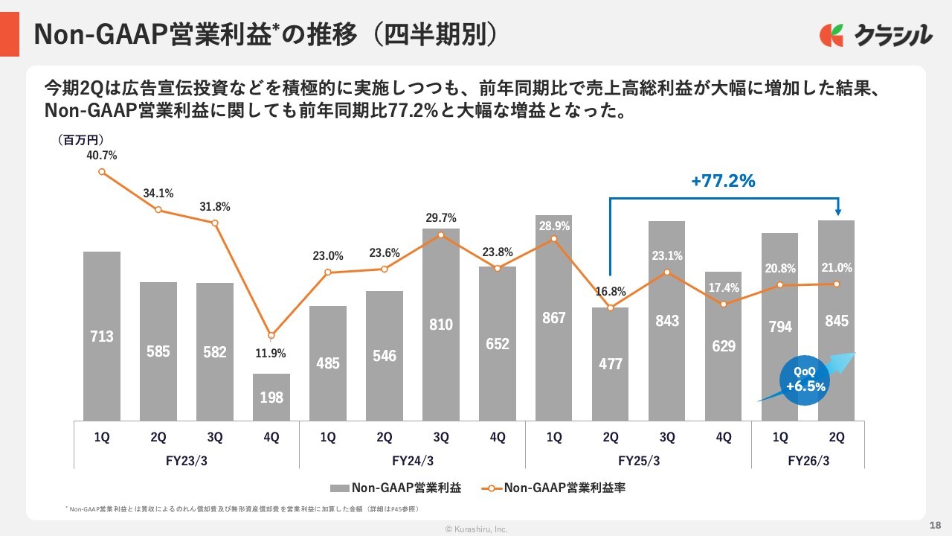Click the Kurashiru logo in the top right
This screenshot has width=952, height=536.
[875, 34]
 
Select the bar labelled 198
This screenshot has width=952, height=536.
[271, 397]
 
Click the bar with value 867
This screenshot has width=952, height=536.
[554, 318]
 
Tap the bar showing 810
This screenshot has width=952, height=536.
[441, 325]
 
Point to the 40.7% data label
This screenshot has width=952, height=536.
[102, 156]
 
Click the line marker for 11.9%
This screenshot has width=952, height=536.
[271, 336]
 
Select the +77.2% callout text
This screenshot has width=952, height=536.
[723, 181]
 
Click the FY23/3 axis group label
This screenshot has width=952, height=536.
[186, 460]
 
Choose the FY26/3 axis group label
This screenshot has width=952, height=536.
[808, 460]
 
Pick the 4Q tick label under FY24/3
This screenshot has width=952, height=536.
[498, 438]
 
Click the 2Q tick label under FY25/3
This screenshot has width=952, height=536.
[611, 438]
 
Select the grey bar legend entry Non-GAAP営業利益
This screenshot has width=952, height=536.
[396, 488]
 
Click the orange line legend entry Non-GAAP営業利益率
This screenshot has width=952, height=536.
[558, 488]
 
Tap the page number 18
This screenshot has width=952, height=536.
[936, 525]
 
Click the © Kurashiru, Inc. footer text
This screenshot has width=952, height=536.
[476, 529]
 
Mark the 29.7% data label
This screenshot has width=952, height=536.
[441, 218]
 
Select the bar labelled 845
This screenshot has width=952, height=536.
[836, 321]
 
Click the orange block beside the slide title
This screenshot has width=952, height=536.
[10, 34]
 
